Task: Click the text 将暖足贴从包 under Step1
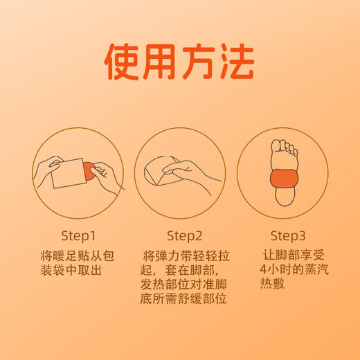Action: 78,255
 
